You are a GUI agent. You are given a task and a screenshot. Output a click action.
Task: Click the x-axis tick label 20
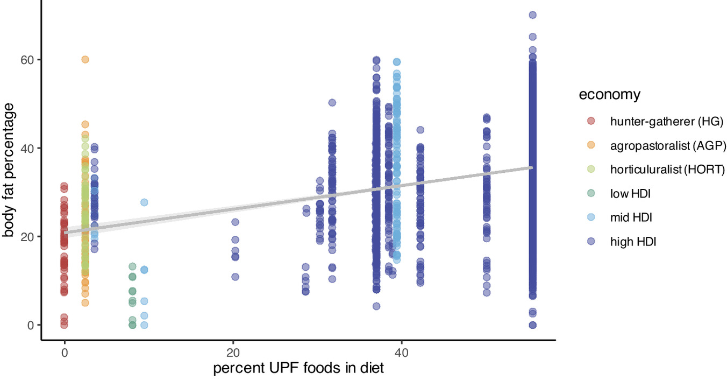coord(233,355)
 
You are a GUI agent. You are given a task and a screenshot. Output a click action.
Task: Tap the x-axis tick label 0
coord(65,355)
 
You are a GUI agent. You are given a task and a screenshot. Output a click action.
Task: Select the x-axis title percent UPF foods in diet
coord(298,369)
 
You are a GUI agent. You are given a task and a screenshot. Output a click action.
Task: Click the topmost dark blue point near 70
coord(532,15)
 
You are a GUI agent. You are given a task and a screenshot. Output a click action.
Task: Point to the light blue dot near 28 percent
coord(144,202)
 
